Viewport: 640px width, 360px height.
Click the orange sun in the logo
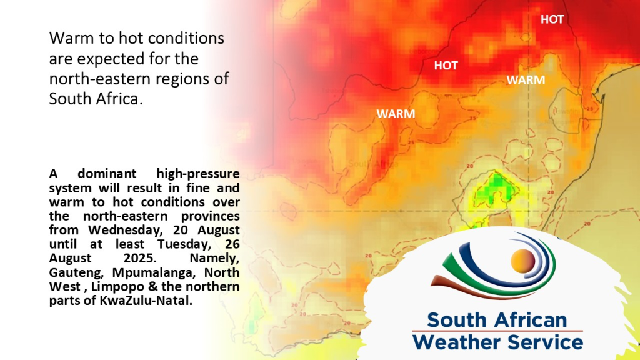[522, 261]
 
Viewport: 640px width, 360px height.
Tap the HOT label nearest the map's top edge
[552, 19]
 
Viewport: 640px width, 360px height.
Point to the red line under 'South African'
[497, 331]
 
